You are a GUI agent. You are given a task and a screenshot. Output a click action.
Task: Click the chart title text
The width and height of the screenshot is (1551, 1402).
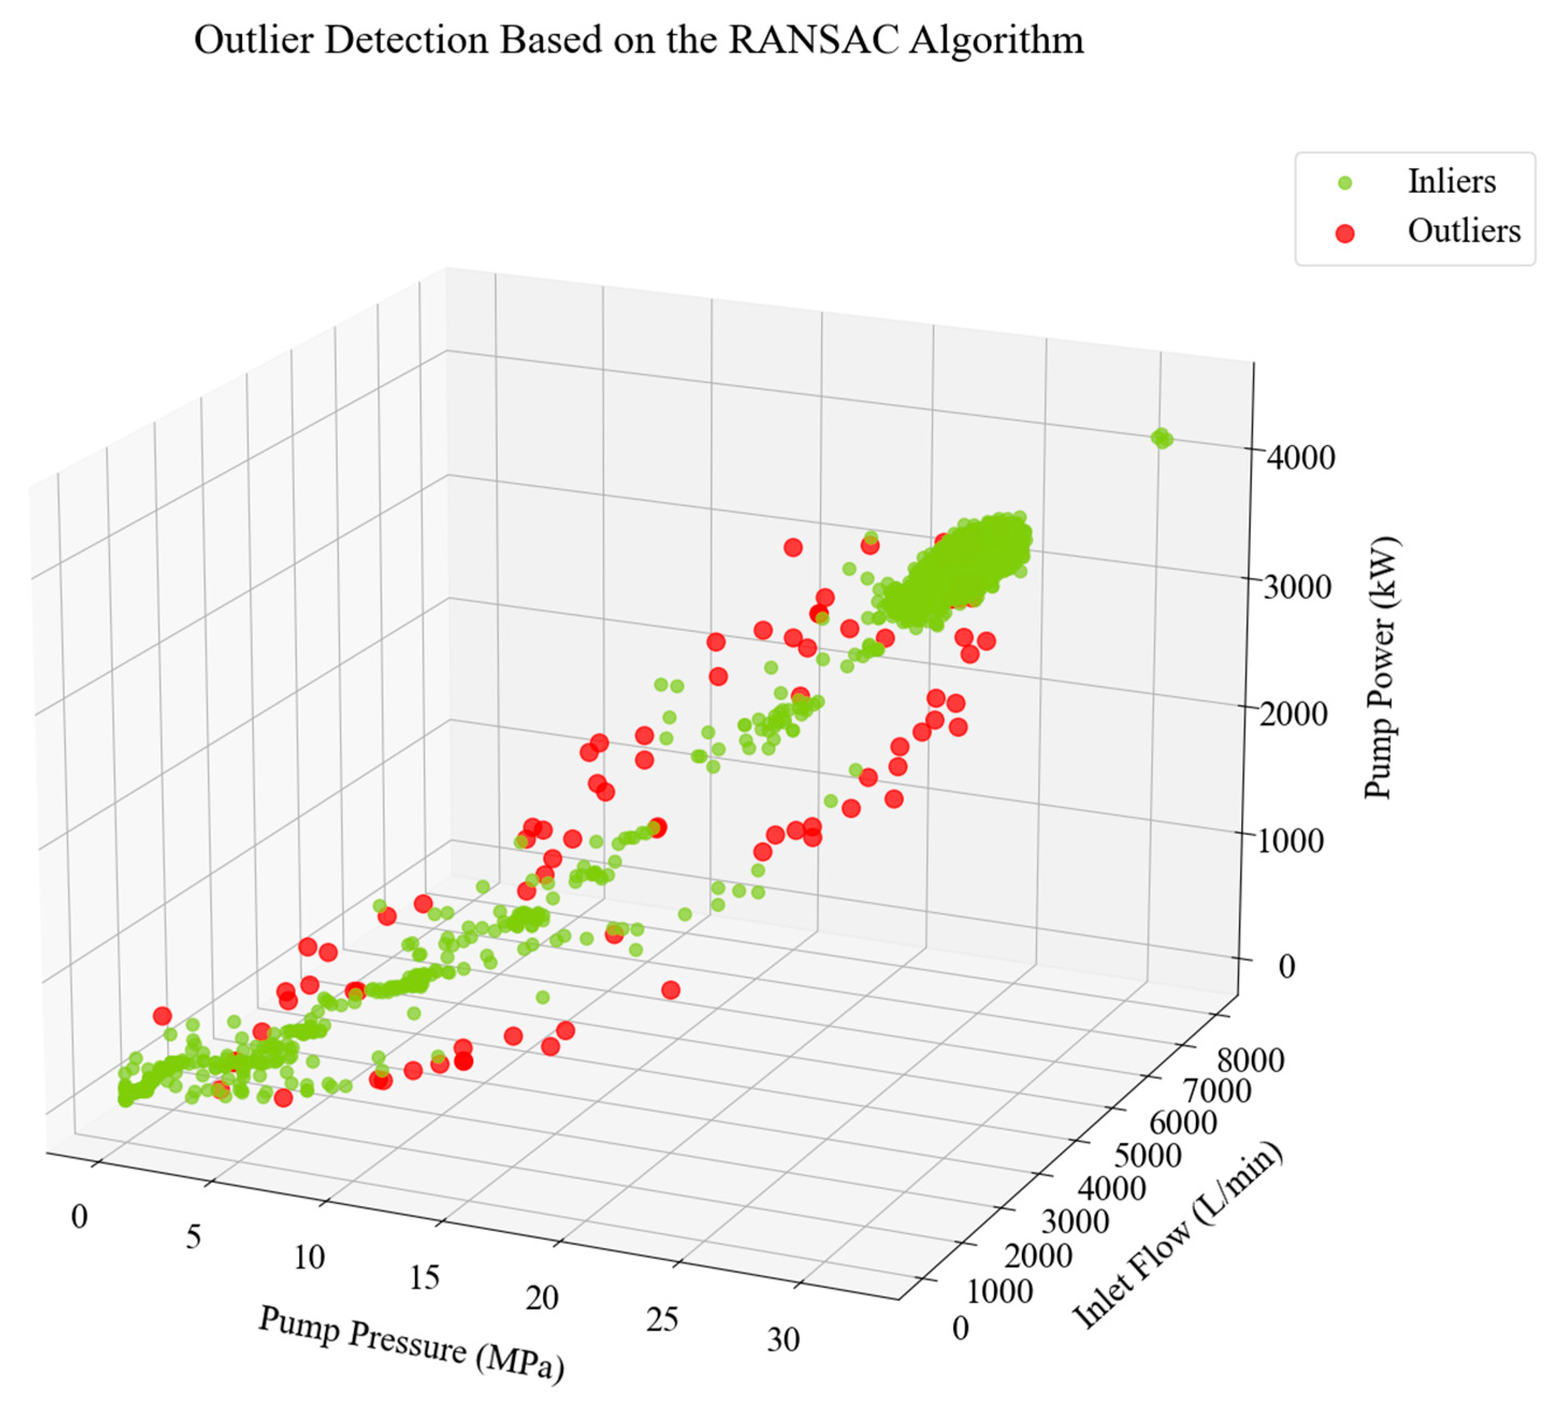click(x=639, y=40)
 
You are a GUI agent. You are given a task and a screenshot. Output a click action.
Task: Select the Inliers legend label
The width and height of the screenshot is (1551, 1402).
click(x=1451, y=181)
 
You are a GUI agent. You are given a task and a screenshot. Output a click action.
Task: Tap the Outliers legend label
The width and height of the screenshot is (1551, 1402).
click(x=1463, y=231)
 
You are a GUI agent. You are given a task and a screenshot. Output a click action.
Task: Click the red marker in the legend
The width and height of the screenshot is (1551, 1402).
click(x=1345, y=232)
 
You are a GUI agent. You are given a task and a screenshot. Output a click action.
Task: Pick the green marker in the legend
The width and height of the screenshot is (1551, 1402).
click(x=1345, y=183)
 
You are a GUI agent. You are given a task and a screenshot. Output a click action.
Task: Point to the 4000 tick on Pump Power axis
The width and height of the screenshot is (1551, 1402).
click(x=1300, y=458)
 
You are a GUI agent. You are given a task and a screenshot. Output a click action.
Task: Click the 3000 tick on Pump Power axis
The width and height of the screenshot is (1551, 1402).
click(x=1297, y=587)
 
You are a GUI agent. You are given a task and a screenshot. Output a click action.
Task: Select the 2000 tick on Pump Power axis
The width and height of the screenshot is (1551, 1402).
click(x=1293, y=714)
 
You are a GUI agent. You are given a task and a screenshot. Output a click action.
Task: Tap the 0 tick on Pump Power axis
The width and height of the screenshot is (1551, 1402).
click(x=1286, y=966)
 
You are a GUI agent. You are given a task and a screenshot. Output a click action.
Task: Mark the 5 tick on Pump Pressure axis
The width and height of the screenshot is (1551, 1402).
click(x=193, y=1237)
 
